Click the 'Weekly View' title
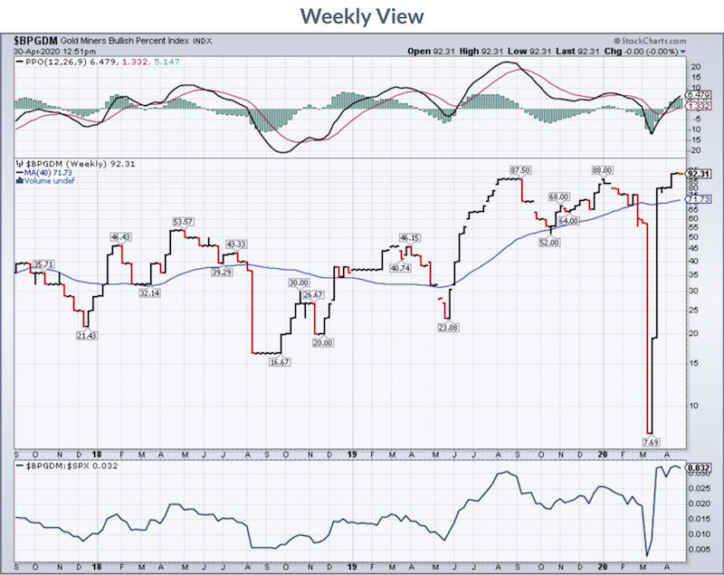(x=361, y=16)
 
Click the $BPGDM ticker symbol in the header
(x=35, y=41)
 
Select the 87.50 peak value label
(x=519, y=170)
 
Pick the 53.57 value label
(x=184, y=221)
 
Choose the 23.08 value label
(x=448, y=326)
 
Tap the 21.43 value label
(x=85, y=335)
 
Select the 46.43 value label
(x=121, y=237)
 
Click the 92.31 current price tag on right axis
(x=696, y=174)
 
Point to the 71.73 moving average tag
(x=696, y=199)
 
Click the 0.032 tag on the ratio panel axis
(x=696, y=468)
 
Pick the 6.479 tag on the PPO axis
(x=696, y=96)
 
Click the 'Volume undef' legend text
(x=50, y=181)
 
